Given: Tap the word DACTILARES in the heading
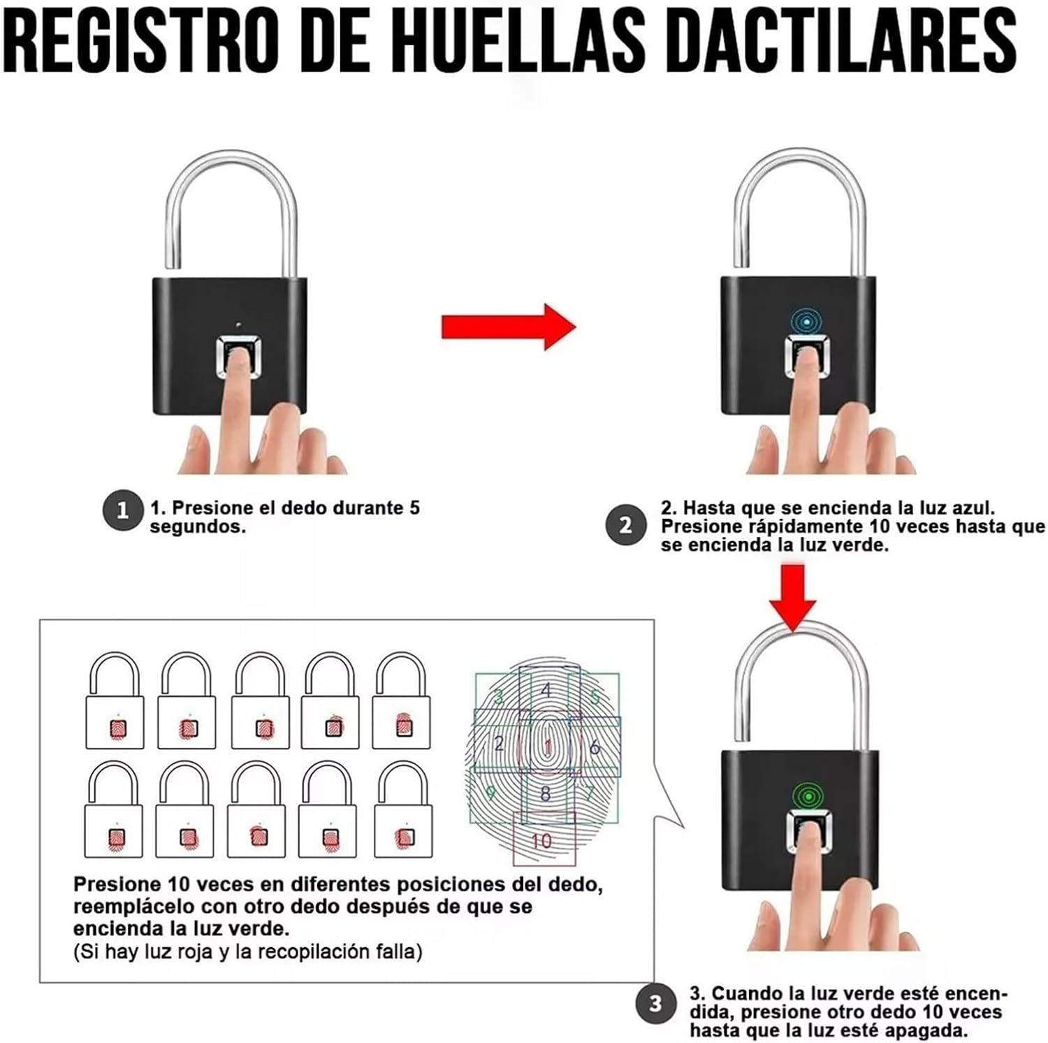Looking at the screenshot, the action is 842,40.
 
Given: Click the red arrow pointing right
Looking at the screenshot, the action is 509,326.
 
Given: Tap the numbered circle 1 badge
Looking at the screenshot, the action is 122,510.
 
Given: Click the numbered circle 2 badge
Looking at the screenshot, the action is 625,525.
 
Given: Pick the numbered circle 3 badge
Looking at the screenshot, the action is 655,1005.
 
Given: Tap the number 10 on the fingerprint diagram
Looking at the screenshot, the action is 541,840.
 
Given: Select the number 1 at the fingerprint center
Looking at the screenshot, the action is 548,747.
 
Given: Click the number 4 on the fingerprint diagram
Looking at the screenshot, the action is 547,690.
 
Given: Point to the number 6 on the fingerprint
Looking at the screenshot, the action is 595,747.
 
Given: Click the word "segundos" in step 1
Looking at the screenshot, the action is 198,527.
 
